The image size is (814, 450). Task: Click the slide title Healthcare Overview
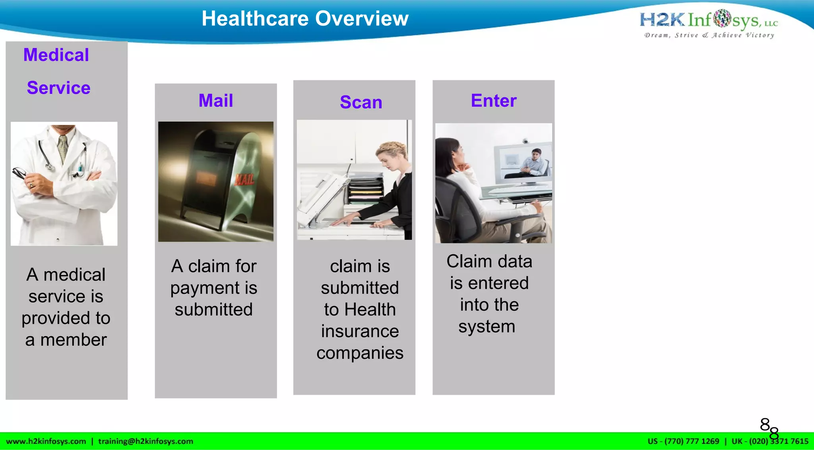(305, 19)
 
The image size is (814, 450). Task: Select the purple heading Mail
(216, 100)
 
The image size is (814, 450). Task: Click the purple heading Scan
(361, 102)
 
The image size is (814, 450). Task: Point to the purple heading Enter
(494, 100)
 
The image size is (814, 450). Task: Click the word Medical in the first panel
(56, 55)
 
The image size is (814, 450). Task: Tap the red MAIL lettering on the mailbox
(244, 179)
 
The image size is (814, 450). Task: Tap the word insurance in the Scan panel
(360, 331)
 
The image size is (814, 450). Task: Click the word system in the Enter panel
(486, 327)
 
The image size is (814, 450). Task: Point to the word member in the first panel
(74, 340)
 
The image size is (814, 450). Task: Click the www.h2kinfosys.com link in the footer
(46, 441)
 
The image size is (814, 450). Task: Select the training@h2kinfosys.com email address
(145, 441)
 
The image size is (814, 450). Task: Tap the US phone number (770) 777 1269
(692, 441)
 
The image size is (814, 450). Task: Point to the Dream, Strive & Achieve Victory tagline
(709, 35)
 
